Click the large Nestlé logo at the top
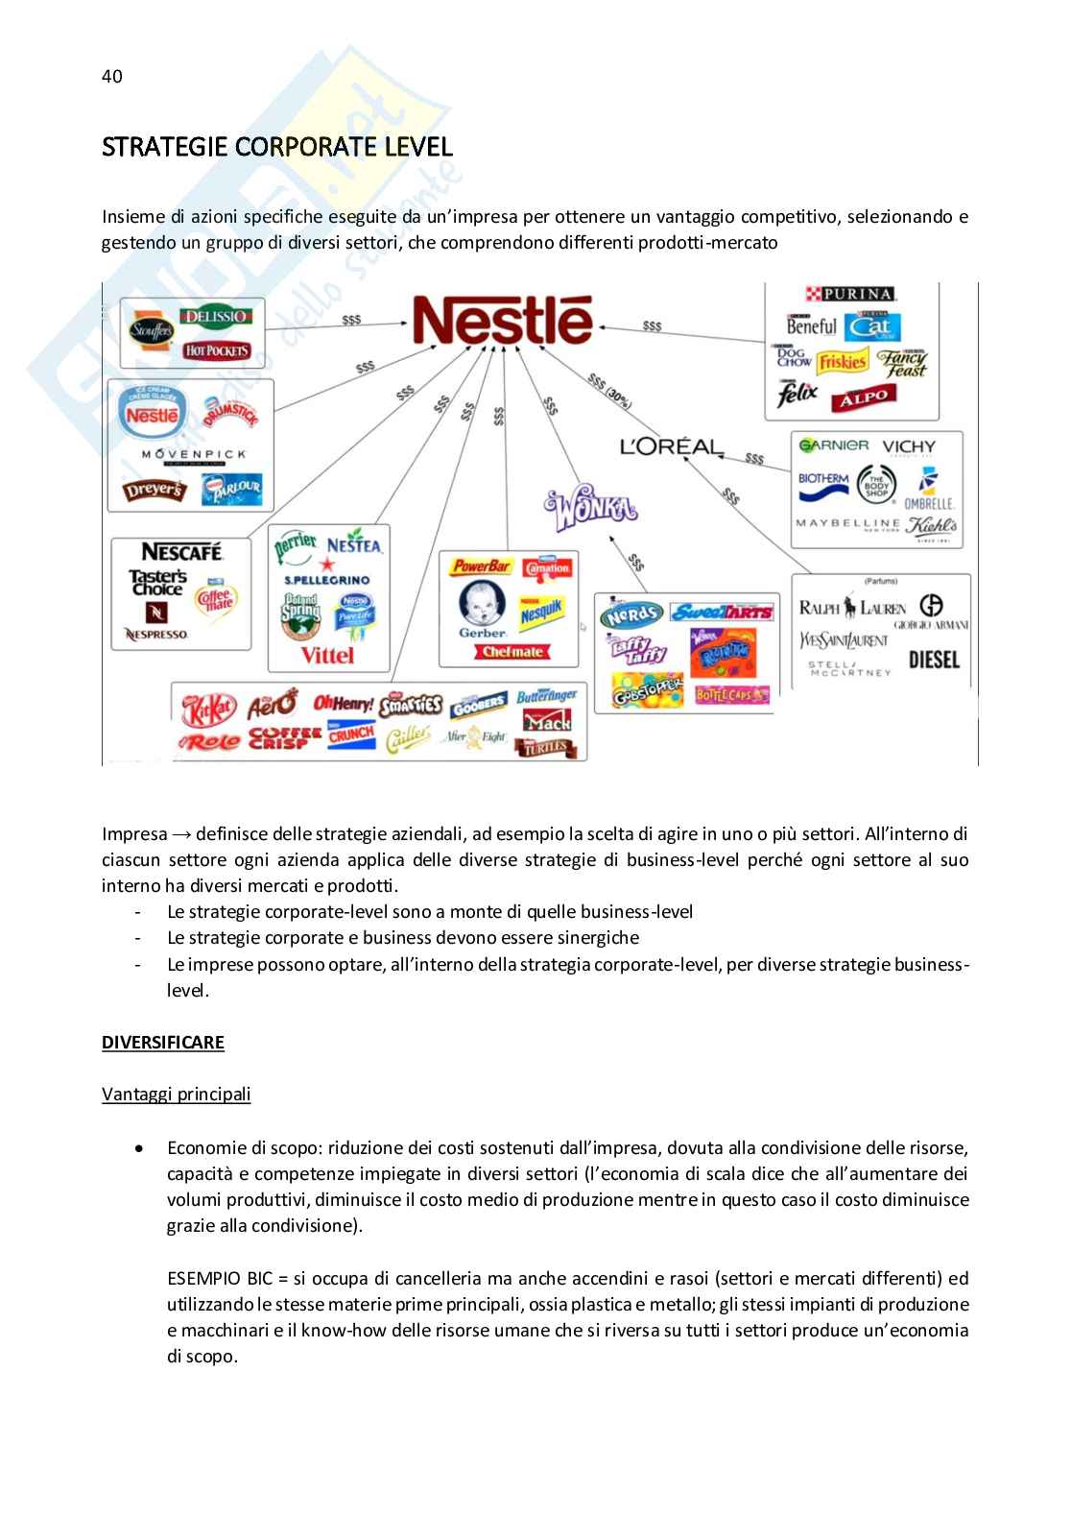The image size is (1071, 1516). [x=503, y=320]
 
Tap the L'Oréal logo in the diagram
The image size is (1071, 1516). [x=670, y=446]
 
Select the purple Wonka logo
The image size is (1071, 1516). [x=591, y=510]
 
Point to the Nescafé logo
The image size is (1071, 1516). [x=182, y=551]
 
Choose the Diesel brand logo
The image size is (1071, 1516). [x=933, y=660]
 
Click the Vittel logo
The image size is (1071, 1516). [x=327, y=655]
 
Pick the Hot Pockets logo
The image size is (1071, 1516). [x=216, y=350]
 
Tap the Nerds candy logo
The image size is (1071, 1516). [x=631, y=614]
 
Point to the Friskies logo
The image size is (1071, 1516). [x=843, y=361]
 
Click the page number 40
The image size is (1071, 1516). [x=111, y=77]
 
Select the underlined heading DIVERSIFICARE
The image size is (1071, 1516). [x=163, y=1043]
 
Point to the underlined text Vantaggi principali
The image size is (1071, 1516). [x=176, y=1095]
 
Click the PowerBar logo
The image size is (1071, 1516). [x=482, y=566]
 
